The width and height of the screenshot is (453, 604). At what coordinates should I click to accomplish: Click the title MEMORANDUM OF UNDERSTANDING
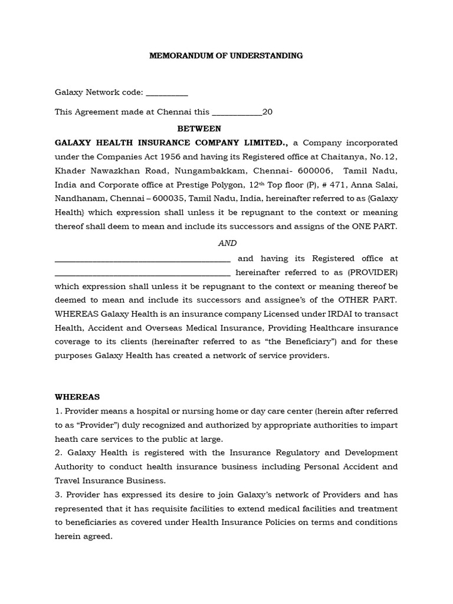(226, 55)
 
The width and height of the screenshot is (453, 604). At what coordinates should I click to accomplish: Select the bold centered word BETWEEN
(199, 128)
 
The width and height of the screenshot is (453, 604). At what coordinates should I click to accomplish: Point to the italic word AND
(228, 243)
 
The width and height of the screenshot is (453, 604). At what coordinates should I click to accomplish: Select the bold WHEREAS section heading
(77, 397)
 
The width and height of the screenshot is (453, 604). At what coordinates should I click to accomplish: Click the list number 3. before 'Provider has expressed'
(58, 494)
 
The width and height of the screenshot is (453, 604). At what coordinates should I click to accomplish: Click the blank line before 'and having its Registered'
(142, 260)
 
